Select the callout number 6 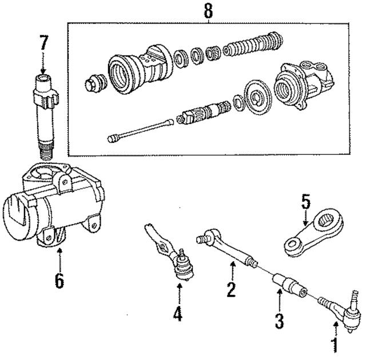click(x=59, y=281)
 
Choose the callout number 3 click(x=279, y=321)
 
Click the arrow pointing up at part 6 click(x=59, y=257)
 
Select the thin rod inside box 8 click(x=140, y=129)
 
